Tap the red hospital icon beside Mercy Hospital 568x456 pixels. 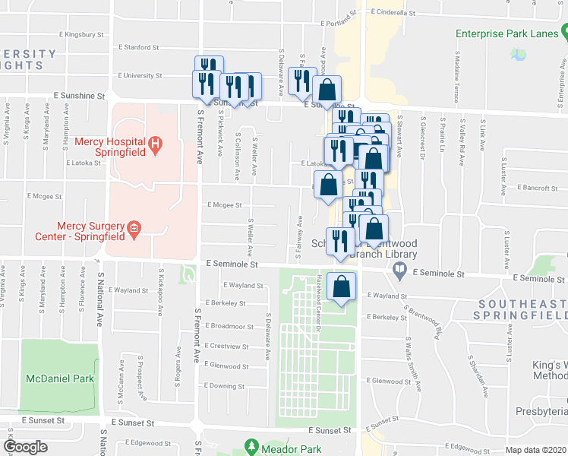click(x=155, y=143)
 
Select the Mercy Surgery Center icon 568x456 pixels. click(x=134, y=228)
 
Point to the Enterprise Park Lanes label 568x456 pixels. click(x=507, y=33)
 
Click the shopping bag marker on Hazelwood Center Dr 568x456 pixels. click(x=342, y=287)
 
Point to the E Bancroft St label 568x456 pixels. click(x=537, y=187)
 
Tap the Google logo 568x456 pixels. click(x=25, y=448)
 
